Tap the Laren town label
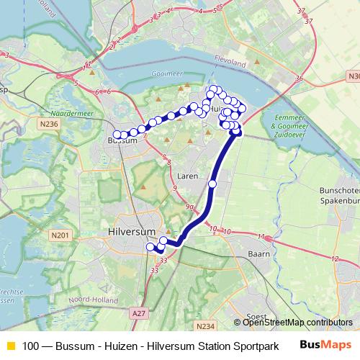click(x=188, y=175)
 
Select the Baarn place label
click(x=258, y=253)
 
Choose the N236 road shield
click(x=48, y=124)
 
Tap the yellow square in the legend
click(x=10, y=346)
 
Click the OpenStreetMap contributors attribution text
click(x=297, y=323)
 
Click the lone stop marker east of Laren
click(x=212, y=184)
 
